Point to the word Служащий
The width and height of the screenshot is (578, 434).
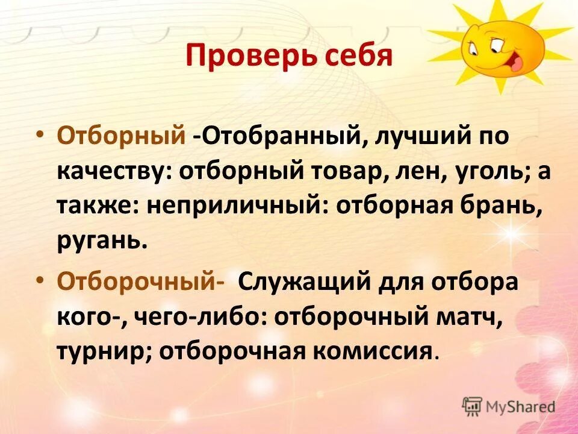click(307, 282)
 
